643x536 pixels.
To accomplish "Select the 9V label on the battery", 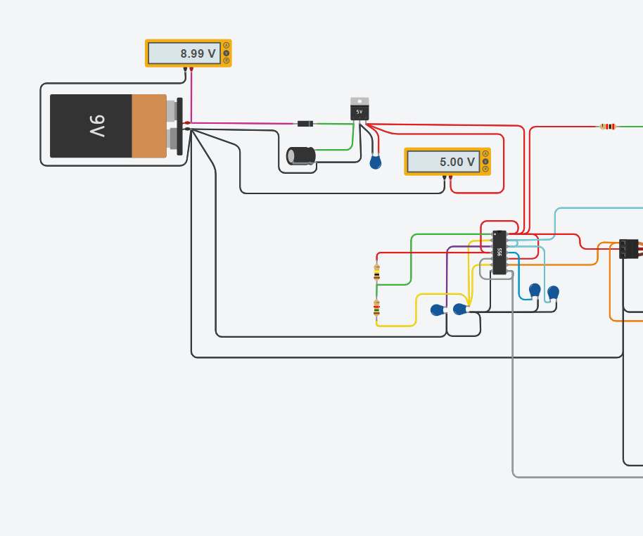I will click(x=96, y=126).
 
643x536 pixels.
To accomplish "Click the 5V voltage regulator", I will click(x=359, y=111).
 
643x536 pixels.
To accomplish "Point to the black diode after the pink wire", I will click(x=305, y=124).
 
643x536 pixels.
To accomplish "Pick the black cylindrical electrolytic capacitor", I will click(x=301, y=155).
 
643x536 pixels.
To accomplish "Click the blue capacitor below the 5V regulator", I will click(x=376, y=162).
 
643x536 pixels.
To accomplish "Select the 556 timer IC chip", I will click(x=499, y=252).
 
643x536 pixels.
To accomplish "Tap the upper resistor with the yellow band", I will click(x=377, y=272).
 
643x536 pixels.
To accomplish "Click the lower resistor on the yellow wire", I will click(x=377, y=307).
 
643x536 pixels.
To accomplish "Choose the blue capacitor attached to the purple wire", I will click(x=438, y=310).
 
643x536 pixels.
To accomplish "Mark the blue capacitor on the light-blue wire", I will click(x=553, y=292).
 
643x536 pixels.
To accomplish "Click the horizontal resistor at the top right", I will click(x=608, y=127).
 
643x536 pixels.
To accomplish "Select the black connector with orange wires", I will click(x=628, y=248).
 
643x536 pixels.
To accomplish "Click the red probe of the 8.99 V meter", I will click(x=191, y=69).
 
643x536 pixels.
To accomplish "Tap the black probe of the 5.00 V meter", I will click(x=444, y=177).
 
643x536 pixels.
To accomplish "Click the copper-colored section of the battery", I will click(x=148, y=126).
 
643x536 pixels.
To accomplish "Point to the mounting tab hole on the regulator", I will click(x=359, y=101).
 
